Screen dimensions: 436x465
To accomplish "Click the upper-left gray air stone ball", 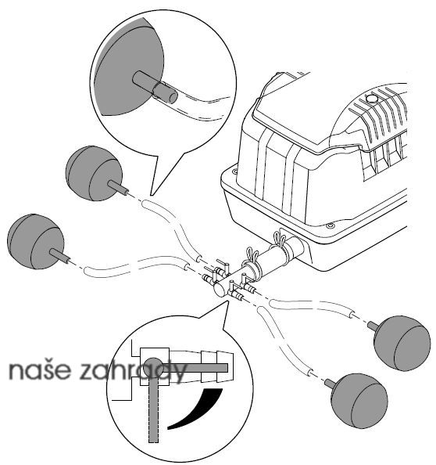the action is (94, 173).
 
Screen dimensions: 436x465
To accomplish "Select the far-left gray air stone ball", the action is (35, 241).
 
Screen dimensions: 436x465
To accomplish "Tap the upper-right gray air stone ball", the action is (402, 343).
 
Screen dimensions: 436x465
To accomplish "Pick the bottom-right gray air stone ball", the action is (359, 401).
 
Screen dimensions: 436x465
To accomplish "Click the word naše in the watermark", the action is (40, 370).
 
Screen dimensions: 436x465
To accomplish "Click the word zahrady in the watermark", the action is (134, 372).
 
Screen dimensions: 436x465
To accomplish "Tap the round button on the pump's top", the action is (372, 99).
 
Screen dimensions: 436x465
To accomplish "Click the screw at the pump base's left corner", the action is (234, 171).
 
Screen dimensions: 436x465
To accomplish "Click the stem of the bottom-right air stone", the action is (329, 384).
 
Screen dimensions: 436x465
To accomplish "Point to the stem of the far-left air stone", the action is (60, 256).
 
